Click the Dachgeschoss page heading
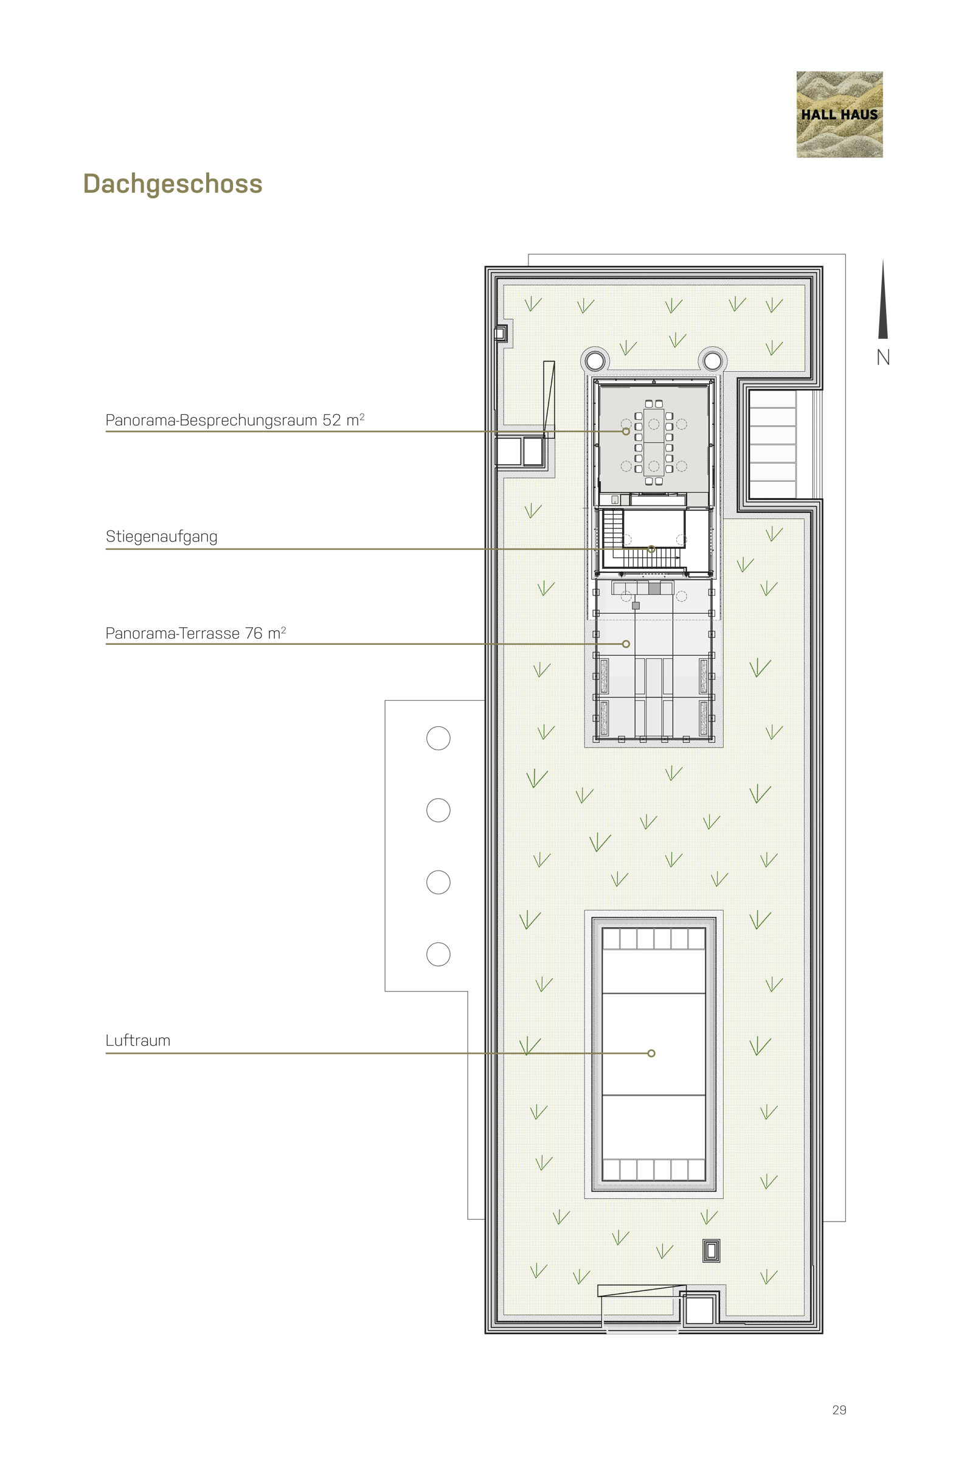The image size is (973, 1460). [x=173, y=184]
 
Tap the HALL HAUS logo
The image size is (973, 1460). [x=839, y=114]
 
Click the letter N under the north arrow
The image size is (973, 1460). [x=883, y=358]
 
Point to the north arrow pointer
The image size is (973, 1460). [x=883, y=299]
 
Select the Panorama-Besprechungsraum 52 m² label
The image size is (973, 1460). [x=235, y=420]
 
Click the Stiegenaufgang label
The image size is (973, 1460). [x=161, y=537]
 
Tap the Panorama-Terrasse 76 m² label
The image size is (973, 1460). [x=195, y=633]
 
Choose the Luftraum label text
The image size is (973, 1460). [x=138, y=1040]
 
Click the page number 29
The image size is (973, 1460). [x=839, y=1410]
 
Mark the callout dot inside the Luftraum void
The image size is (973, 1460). [x=651, y=1054]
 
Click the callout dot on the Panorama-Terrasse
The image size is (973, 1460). [x=626, y=644]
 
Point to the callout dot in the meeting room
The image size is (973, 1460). [x=626, y=431]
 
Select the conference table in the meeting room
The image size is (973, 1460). [x=653, y=442]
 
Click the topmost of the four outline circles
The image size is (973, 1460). [x=438, y=738]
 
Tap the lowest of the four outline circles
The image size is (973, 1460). [x=438, y=954]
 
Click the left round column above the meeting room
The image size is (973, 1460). [x=595, y=360]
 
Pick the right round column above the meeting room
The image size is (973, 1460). [x=712, y=360]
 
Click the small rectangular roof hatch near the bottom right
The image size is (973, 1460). [x=711, y=1251]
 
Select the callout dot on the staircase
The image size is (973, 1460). [x=651, y=549]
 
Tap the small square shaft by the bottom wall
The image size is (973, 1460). [x=699, y=1310]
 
